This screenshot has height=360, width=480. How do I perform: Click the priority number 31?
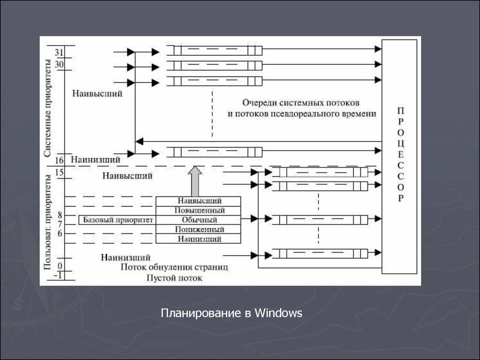tap(59, 52)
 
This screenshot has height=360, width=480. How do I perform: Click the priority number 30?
tap(59, 64)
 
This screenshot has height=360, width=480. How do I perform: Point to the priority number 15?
tap(59, 172)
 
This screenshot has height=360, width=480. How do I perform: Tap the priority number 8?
tap(60, 215)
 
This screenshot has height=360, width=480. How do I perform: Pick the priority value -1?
tap(58, 276)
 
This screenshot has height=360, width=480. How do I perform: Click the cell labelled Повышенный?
tap(199, 210)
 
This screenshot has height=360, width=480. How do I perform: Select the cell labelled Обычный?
tap(199, 220)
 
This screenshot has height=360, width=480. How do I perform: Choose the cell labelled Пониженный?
tap(199, 230)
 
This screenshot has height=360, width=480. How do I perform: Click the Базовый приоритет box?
tap(118, 219)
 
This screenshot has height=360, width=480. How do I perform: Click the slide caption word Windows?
tap(279, 313)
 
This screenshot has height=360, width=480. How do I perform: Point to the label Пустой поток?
tap(174, 278)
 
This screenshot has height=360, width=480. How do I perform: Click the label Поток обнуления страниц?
tap(174, 268)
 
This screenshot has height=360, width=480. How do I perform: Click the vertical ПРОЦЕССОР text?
tap(400, 155)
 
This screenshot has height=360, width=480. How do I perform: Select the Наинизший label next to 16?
tap(96, 160)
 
